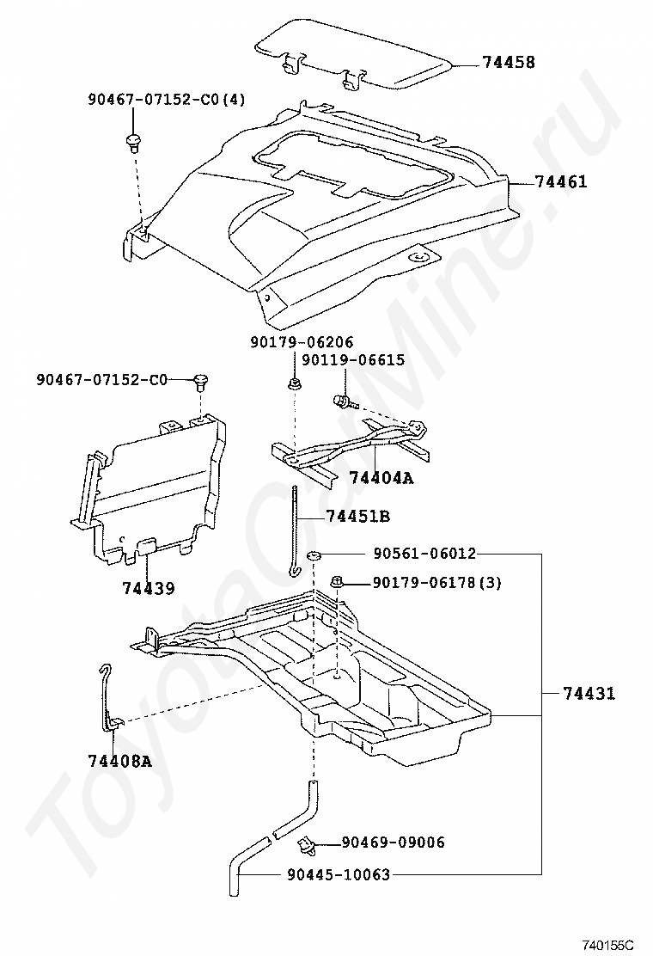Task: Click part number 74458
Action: tap(508, 63)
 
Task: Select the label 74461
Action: tap(561, 182)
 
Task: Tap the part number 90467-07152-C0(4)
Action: tap(167, 100)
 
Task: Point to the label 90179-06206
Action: tap(302, 342)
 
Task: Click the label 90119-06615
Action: tap(352, 360)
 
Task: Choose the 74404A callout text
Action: tap(381, 477)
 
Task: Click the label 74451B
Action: tap(358, 517)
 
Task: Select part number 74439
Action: tap(148, 589)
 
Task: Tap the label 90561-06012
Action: tap(424, 554)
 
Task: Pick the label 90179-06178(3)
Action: tap(436, 583)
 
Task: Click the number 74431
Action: tap(589, 693)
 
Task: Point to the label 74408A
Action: tap(119, 760)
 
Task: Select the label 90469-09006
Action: tap(394, 843)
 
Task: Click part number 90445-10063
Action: tap(339, 875)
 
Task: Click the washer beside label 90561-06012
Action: tap(315, 555)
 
